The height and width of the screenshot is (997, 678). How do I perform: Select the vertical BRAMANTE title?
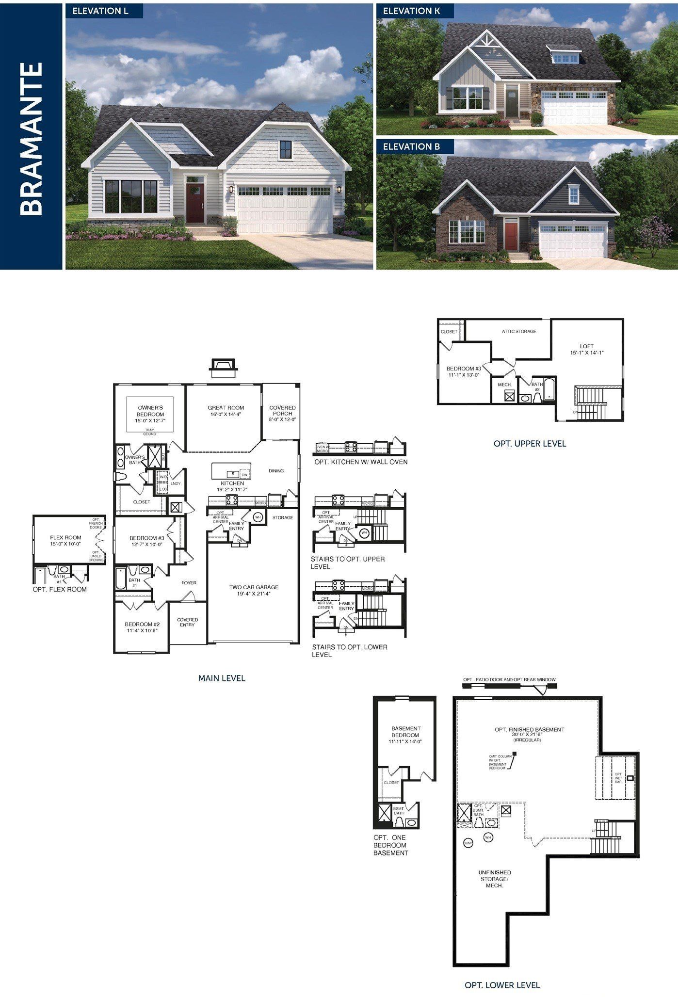[x=32, y=138]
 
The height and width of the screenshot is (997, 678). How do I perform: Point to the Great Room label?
[x=226, y=411]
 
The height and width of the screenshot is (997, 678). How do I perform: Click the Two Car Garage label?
[x=254, y=590]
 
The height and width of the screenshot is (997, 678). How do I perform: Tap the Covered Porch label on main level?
[x=282, y=413]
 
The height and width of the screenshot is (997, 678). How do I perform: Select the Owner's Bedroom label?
[x=150, y=414]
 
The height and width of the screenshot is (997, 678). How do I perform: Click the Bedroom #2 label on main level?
[x=142, y=627]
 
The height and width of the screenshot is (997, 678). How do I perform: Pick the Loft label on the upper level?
[x=586, y=349]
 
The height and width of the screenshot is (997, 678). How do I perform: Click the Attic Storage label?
[x=519, y=331]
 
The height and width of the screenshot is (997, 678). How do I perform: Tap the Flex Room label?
[x=65, y=540]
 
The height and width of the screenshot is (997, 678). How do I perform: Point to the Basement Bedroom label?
[x=405, y=735]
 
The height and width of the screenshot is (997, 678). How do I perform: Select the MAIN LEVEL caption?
[x=222, y=678]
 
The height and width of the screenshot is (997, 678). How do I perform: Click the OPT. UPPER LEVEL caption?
[x=530, y=443]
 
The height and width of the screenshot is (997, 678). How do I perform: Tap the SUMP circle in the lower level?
[x=468, y=843]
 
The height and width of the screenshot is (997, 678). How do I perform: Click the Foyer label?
[x=189, y=582]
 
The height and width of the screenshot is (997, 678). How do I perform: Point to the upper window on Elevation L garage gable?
[x=285, y=149]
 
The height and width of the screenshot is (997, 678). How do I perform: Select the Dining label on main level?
[x=276, y=471]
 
